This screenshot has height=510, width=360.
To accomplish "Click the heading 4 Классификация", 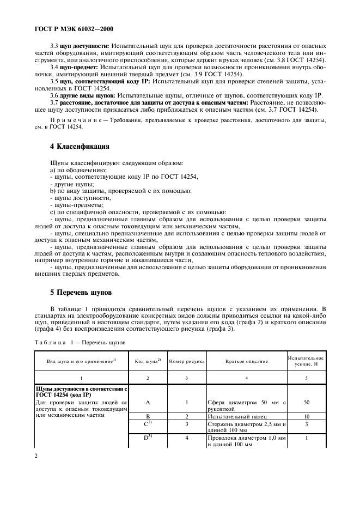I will (x=80, y=147).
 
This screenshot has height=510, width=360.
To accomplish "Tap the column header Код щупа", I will (x=147, y=361).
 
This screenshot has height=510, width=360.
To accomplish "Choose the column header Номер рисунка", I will (x=186, y=361).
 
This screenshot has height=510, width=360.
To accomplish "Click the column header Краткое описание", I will (x=246, y=361).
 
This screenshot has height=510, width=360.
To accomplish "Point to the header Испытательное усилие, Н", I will (x=306, y=361).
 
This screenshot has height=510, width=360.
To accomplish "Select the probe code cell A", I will (x=147, y=402).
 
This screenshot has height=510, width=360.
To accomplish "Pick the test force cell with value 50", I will (x=306, y=402).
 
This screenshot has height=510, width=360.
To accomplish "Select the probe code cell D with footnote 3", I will (x=147, y=437).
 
